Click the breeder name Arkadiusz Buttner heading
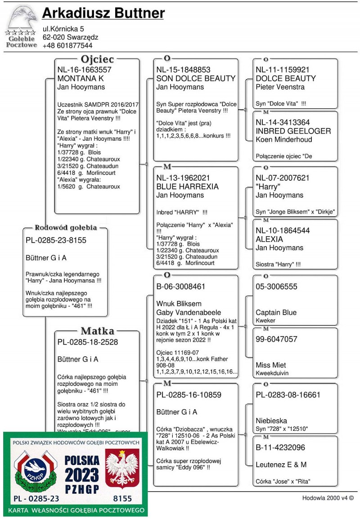[x=103, y=14]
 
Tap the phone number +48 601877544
[x=67, y=45]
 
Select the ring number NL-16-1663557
[x=84, y=70]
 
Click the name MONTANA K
[x=81, y=78]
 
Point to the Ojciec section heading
[x=97, y=59]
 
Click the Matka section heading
[x=97, y=331]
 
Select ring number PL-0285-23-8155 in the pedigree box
[x=56, y=240]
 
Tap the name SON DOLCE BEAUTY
[x=196, y=78]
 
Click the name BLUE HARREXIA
[x=187, y=187]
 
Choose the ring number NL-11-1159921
[x=283, y=70]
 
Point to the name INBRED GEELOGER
[x=293, y=131]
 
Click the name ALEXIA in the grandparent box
[x=269, y=239]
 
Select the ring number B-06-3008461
[x=181, y=286]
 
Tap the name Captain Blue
[x=276, y=312]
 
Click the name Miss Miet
[x=271, y=365]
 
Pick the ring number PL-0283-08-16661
[x=288, y=395]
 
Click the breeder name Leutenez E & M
[x=281, y=464]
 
